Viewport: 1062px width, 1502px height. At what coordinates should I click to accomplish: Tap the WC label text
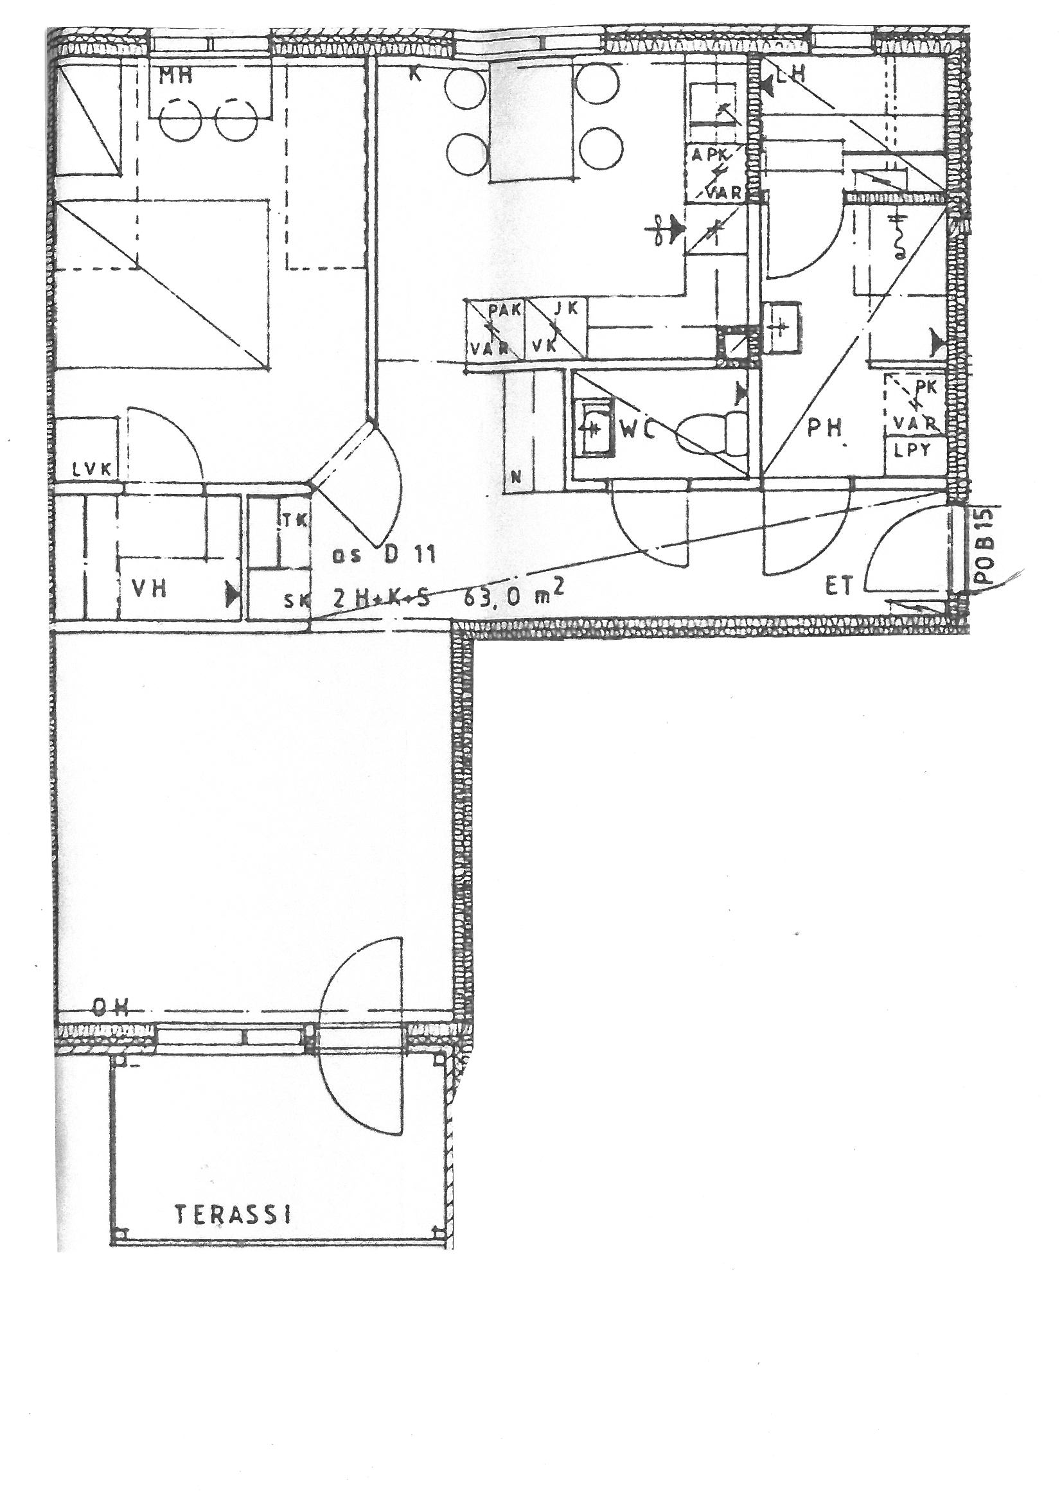639,432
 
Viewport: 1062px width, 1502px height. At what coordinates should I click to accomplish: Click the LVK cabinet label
94,469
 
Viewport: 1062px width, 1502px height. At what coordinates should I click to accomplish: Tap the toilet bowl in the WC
710,433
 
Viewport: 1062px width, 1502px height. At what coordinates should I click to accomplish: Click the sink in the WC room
594,429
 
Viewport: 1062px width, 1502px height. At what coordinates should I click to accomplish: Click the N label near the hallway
516,477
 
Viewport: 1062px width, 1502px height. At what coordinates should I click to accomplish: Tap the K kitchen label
414,75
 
